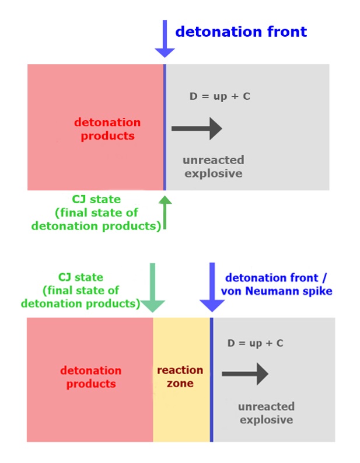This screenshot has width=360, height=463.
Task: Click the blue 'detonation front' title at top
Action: point(241,32)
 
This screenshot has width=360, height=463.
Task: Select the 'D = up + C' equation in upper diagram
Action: point(220,96)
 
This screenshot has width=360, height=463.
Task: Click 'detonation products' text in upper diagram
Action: point(107,129)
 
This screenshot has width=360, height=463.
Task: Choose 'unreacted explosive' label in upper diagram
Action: point(213,166)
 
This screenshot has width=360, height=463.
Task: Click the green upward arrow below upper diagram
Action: point(165,211)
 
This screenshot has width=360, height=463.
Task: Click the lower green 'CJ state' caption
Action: point(80,290)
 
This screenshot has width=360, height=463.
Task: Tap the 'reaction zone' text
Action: point(180,377)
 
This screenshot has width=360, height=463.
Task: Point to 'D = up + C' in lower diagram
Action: point(256,343)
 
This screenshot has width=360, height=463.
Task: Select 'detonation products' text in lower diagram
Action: point(91,377)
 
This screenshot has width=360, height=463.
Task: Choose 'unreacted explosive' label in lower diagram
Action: point(266,413)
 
